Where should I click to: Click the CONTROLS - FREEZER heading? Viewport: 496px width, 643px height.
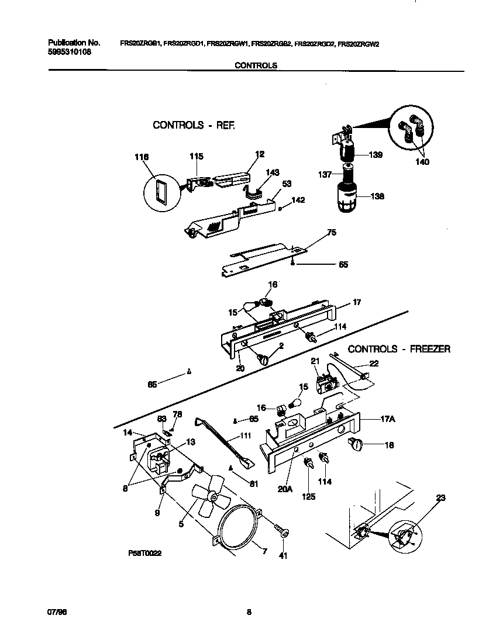(x=399, y=349)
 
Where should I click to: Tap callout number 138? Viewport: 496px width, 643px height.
(x=377, y=197)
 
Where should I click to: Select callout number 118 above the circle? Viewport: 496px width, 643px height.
(x=142, y=157)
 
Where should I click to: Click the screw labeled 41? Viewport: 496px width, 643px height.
(x=284, y=533)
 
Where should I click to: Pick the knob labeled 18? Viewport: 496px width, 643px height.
(x=357, y=445)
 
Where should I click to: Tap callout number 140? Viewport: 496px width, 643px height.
(x=421, y=162)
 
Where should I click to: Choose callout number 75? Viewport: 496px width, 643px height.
(x=331, y=232)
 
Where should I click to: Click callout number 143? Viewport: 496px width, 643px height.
(x=272, y=172)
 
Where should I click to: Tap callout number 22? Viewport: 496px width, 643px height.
(x=374, y=364)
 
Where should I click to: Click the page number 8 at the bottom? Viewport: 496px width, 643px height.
(x=249, y=612)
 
